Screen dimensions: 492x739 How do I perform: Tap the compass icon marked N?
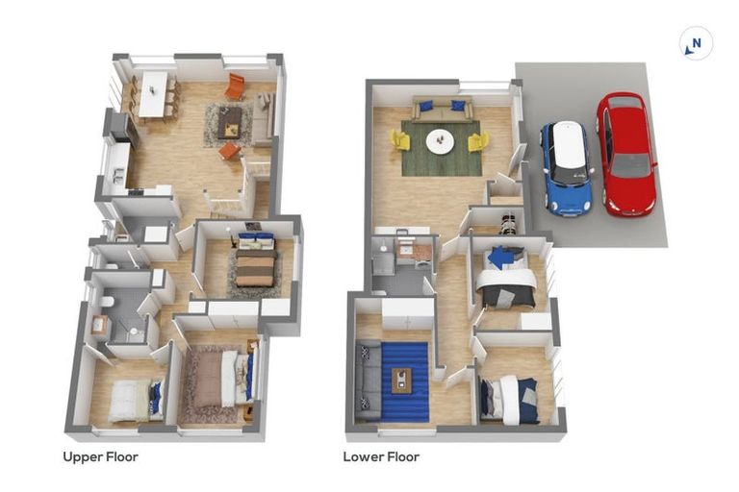coord(696,43)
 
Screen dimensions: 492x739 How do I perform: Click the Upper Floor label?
coord(100,456)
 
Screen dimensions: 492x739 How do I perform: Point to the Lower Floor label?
coord(381,456)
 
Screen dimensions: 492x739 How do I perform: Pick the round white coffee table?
coord(441,141)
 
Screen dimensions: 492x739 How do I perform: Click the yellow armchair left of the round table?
coord(400,140)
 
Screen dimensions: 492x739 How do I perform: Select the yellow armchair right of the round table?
coord(477,141)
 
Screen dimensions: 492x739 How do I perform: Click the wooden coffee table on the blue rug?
coord(404,381)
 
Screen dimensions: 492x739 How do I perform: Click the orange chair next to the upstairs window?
coord(235,86)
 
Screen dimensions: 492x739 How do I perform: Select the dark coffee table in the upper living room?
coord(229,121)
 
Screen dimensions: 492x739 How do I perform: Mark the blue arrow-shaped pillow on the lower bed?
coord(501,258)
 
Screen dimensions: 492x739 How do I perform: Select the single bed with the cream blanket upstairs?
coord(131,399)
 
